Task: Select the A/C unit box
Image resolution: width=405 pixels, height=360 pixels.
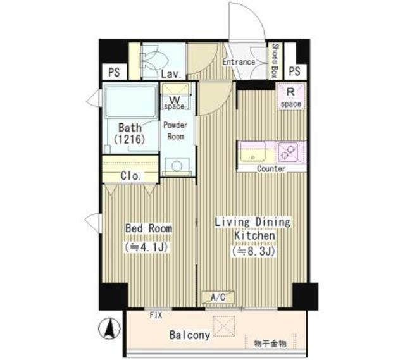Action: (218, 296)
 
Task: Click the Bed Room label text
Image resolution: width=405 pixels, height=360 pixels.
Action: (148, 228)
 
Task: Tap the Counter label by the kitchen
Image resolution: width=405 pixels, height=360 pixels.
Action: (271, 169)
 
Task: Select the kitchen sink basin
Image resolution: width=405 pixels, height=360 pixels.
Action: (256, 152)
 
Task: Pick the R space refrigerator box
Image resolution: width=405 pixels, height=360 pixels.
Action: (291, 96)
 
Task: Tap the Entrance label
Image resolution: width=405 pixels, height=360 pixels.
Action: (238, 63)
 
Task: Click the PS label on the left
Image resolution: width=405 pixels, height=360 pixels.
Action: (114, 71)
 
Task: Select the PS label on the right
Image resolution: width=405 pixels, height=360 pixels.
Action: (295, 71)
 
